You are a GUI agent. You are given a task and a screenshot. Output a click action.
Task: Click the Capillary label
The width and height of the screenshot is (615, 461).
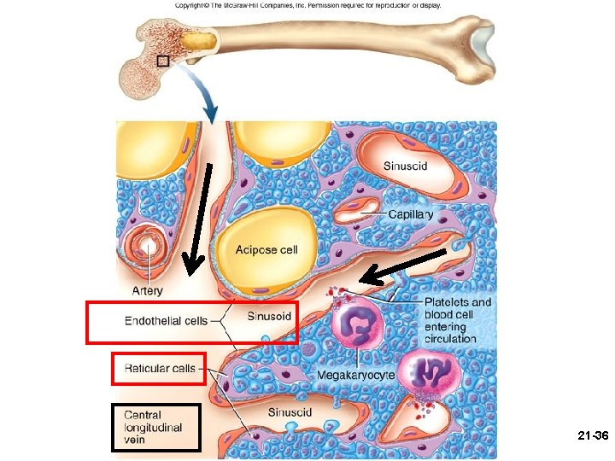click(x=411, y=214)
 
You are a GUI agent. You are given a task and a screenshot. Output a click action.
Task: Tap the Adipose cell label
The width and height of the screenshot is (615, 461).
click(x=266, y=250)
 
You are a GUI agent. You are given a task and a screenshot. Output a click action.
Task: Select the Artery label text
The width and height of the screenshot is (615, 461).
click(x=147, y=290)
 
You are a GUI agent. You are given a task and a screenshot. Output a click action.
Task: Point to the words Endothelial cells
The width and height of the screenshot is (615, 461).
click(x=166, y=321)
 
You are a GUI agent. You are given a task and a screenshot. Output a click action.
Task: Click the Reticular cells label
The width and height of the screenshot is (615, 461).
click(x=160, y=369)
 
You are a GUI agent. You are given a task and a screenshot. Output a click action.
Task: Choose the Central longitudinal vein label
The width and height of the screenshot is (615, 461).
click(x=154, y=427)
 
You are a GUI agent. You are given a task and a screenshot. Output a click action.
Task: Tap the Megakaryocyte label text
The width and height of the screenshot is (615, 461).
click(x=355, y=374)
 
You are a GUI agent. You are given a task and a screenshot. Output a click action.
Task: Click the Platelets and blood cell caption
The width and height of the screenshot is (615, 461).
click(x=458, y=320)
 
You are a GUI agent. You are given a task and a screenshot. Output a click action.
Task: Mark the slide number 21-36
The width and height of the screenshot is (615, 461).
click(x=591, y=435)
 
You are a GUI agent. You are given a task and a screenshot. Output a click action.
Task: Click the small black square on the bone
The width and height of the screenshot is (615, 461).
click(x=163, y=61)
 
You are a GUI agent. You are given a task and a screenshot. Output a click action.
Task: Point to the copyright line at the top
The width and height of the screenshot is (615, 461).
click(x=307, y=5)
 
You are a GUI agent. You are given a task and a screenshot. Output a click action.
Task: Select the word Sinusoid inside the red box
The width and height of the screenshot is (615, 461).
click(x=269, y=317)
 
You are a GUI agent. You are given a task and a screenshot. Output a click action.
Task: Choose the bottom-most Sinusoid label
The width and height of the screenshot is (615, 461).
click(x=290, y=412)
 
